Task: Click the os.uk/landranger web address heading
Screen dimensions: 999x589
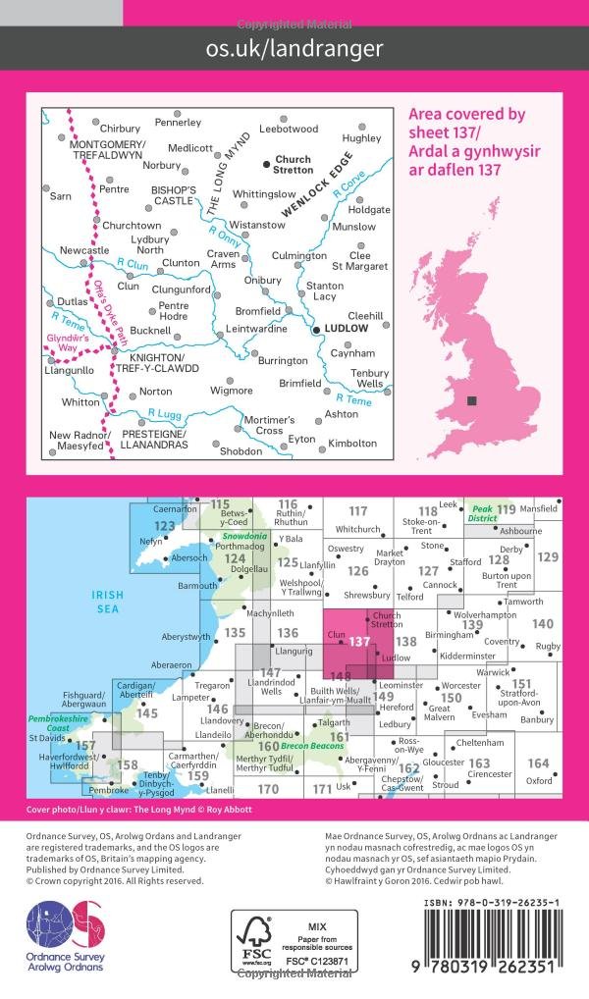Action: [x=294, y=47]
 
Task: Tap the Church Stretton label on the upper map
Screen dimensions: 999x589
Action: [x=293, y=165]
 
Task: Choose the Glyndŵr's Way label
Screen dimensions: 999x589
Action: [x=66, y=341]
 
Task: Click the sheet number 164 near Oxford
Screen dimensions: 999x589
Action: [x=538, y=762]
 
